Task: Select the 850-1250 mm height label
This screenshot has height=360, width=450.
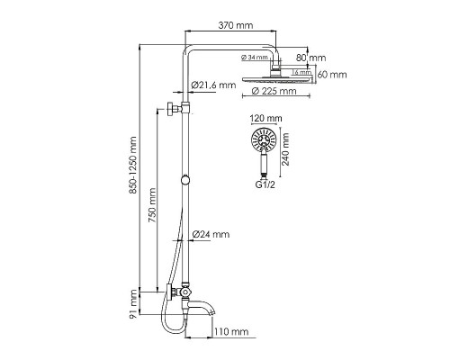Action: pyautogui.click(x=134, y=167)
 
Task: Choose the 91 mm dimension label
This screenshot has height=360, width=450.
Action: pyautogui.click(x=134, y=304)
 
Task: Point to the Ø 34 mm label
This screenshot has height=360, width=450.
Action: pyautogui.click(x=256, y=58)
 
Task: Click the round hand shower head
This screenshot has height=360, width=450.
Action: pyautogui.click(x=264, y=139)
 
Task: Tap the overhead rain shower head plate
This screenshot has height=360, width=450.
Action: pyautogui.click(x=275, y=79)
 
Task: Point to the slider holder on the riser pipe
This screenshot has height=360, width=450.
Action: pyautogui.click(x=187, y=180)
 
